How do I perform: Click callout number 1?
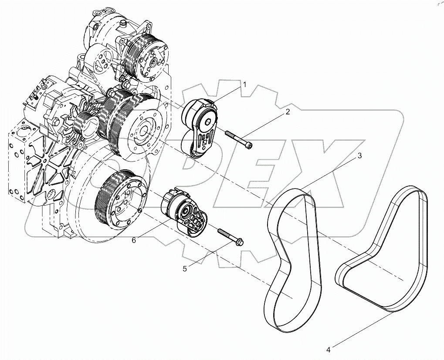(x=245, y=85)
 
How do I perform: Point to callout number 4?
(x=328, y=349)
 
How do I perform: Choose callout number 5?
(x=185, y=269)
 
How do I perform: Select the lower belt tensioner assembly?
(x=185, y=212)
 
